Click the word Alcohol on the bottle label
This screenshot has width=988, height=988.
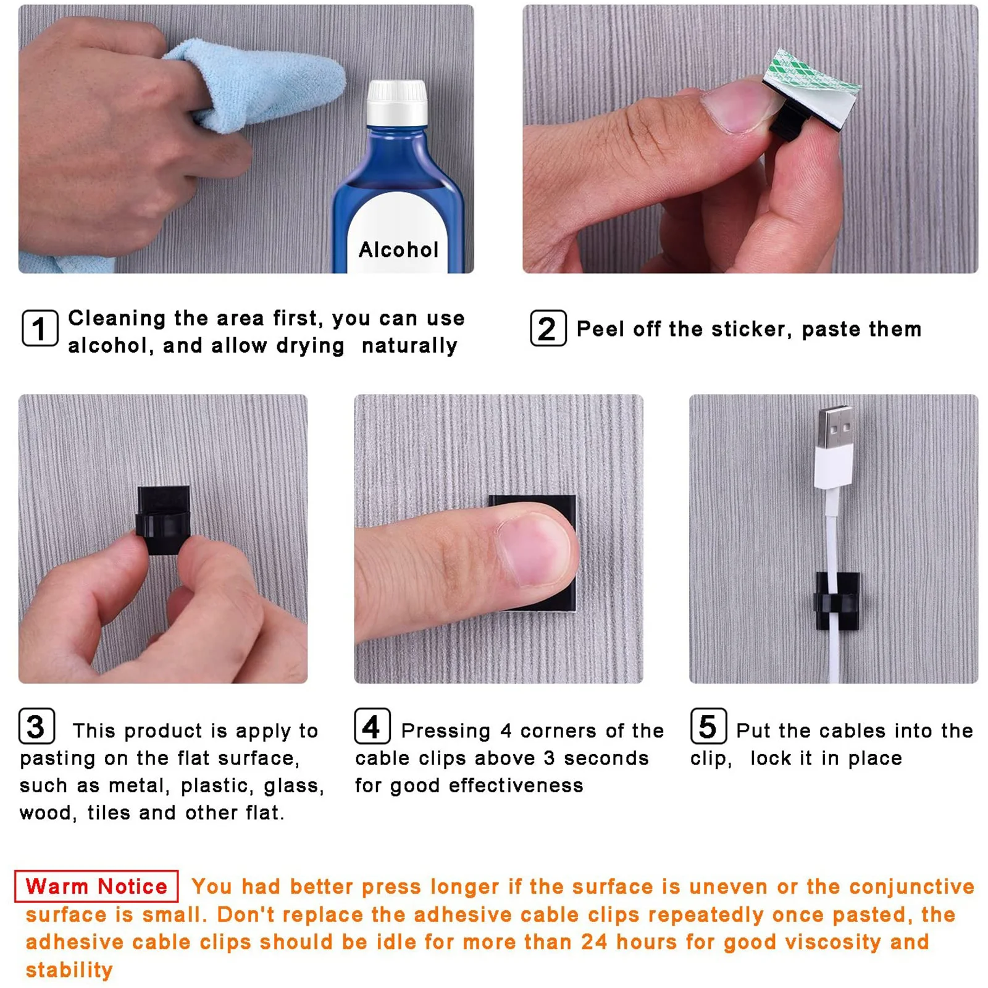coord(398,249)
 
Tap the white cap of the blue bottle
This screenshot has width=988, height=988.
coord(397,103)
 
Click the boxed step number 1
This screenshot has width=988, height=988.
coord(40,328)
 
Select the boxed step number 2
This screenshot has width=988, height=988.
coord(548,328)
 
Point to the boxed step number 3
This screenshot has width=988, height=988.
coord(36,726)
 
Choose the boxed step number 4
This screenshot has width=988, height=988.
coord(372,726)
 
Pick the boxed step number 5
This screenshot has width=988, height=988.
coord(708,726)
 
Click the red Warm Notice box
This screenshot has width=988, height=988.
coord(96,886)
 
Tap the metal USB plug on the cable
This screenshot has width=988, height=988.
coord(835,427)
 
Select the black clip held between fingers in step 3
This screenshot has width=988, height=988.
coord(162,519)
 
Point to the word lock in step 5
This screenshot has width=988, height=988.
coord(771,758)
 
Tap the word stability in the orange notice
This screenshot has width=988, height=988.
coord(69,969)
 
